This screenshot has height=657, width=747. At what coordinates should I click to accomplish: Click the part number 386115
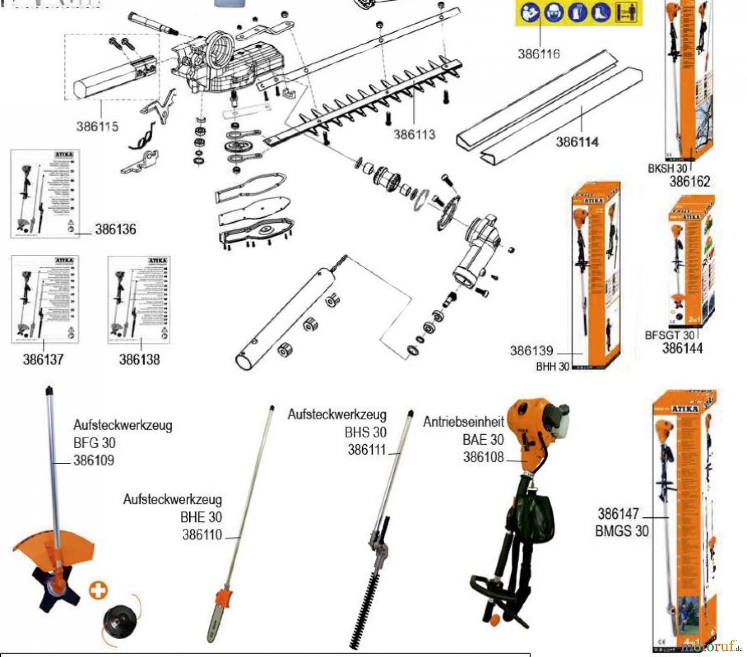97,127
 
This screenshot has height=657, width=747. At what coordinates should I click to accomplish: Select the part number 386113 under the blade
414,134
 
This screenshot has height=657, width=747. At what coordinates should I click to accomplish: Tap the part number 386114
577,142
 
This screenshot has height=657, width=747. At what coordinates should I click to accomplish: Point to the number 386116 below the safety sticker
538,54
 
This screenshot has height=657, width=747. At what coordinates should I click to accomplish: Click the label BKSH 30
667,169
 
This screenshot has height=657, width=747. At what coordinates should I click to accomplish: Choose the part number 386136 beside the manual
115,230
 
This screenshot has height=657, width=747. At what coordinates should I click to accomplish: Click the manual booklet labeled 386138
139,299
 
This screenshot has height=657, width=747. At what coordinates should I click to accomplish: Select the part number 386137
43,359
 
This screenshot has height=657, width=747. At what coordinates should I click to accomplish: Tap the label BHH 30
552,367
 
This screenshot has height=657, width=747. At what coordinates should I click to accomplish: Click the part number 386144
682,348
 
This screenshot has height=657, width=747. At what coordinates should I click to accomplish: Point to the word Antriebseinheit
463,422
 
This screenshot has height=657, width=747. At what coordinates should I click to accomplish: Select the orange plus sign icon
98,590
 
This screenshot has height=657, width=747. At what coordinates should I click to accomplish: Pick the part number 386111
367,450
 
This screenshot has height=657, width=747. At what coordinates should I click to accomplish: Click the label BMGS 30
622,531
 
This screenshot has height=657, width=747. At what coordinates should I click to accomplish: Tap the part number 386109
93,461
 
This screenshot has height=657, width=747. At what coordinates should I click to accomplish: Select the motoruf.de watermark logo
711,646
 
